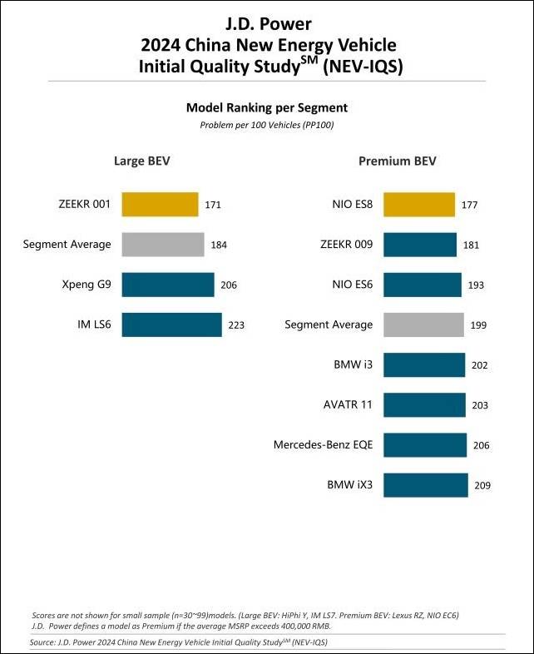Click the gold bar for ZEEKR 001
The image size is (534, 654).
160,204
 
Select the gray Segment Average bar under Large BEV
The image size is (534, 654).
163,245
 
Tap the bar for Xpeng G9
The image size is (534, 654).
168,285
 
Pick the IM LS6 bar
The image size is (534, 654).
172,325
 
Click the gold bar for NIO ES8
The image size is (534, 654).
419,204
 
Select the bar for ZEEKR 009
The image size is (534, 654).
420,245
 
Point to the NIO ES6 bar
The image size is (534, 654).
423,285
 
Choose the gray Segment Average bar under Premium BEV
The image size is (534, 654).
423,325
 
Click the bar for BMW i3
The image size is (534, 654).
424,364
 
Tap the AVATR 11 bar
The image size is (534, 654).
424,405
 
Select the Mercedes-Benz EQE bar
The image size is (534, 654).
425,445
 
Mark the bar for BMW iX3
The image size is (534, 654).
426,485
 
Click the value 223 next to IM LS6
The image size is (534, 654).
236,325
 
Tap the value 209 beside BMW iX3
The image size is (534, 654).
481,486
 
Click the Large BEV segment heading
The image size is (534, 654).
142,161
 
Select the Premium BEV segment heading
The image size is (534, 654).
397,161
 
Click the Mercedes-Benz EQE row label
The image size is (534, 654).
323,445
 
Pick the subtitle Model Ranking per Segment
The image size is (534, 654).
266,108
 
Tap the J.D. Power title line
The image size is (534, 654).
267,23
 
